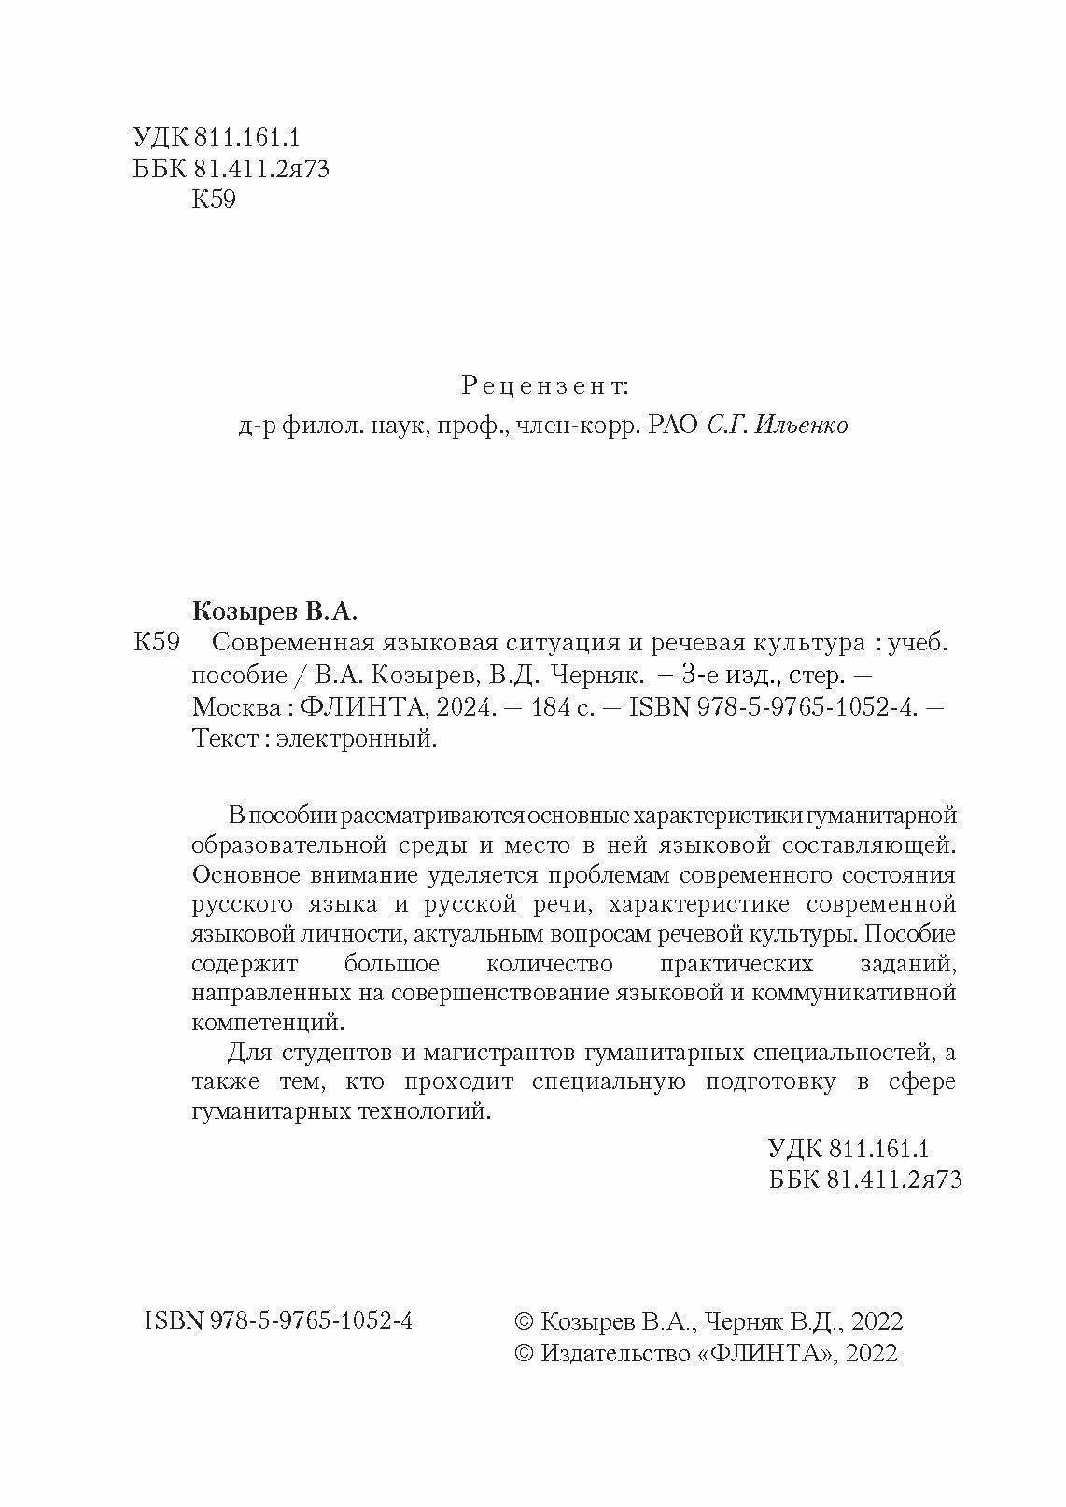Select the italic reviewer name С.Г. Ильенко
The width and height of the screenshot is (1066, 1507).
[x=778, y=426]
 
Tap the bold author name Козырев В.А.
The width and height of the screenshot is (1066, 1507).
[x=274, y=612]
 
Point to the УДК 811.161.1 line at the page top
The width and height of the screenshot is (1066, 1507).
[x=216, y=137]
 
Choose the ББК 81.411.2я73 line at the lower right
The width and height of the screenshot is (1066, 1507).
[x=864, y=1179]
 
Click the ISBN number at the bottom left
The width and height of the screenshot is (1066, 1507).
[x=279, y=1320]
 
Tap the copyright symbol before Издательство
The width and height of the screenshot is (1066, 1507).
[x=525, y=1353]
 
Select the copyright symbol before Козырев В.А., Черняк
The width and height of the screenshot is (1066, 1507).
[x=525, y=1321]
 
